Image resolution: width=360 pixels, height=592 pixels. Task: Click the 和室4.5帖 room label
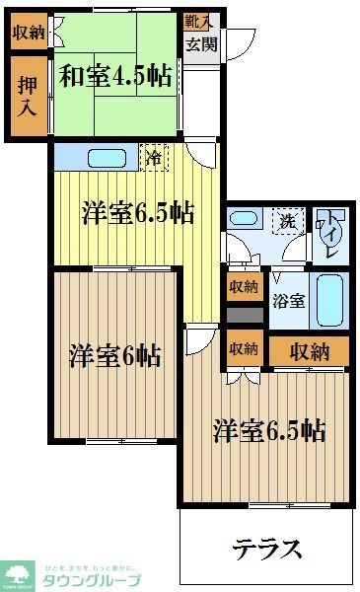pos(108,76)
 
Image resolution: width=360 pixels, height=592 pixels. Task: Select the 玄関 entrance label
pos(197,42)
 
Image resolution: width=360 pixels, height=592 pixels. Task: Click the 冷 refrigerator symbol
pos(154,157)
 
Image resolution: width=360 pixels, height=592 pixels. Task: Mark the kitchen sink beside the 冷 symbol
pos(103,157)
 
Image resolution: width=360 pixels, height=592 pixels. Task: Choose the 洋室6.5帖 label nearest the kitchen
pos(137,211)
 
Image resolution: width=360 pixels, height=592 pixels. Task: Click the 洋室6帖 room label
pos(114,355)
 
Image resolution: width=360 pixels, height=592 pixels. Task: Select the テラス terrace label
pos(267,548)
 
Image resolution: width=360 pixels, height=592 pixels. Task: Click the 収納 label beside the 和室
pos(29,33)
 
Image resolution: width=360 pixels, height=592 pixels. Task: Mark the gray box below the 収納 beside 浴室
pos(244,316)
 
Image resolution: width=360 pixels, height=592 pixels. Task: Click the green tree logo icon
pos(19,573)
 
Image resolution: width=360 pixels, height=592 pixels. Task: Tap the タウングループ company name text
pos(92,580)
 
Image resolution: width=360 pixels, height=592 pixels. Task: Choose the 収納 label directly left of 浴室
pos(244,288)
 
